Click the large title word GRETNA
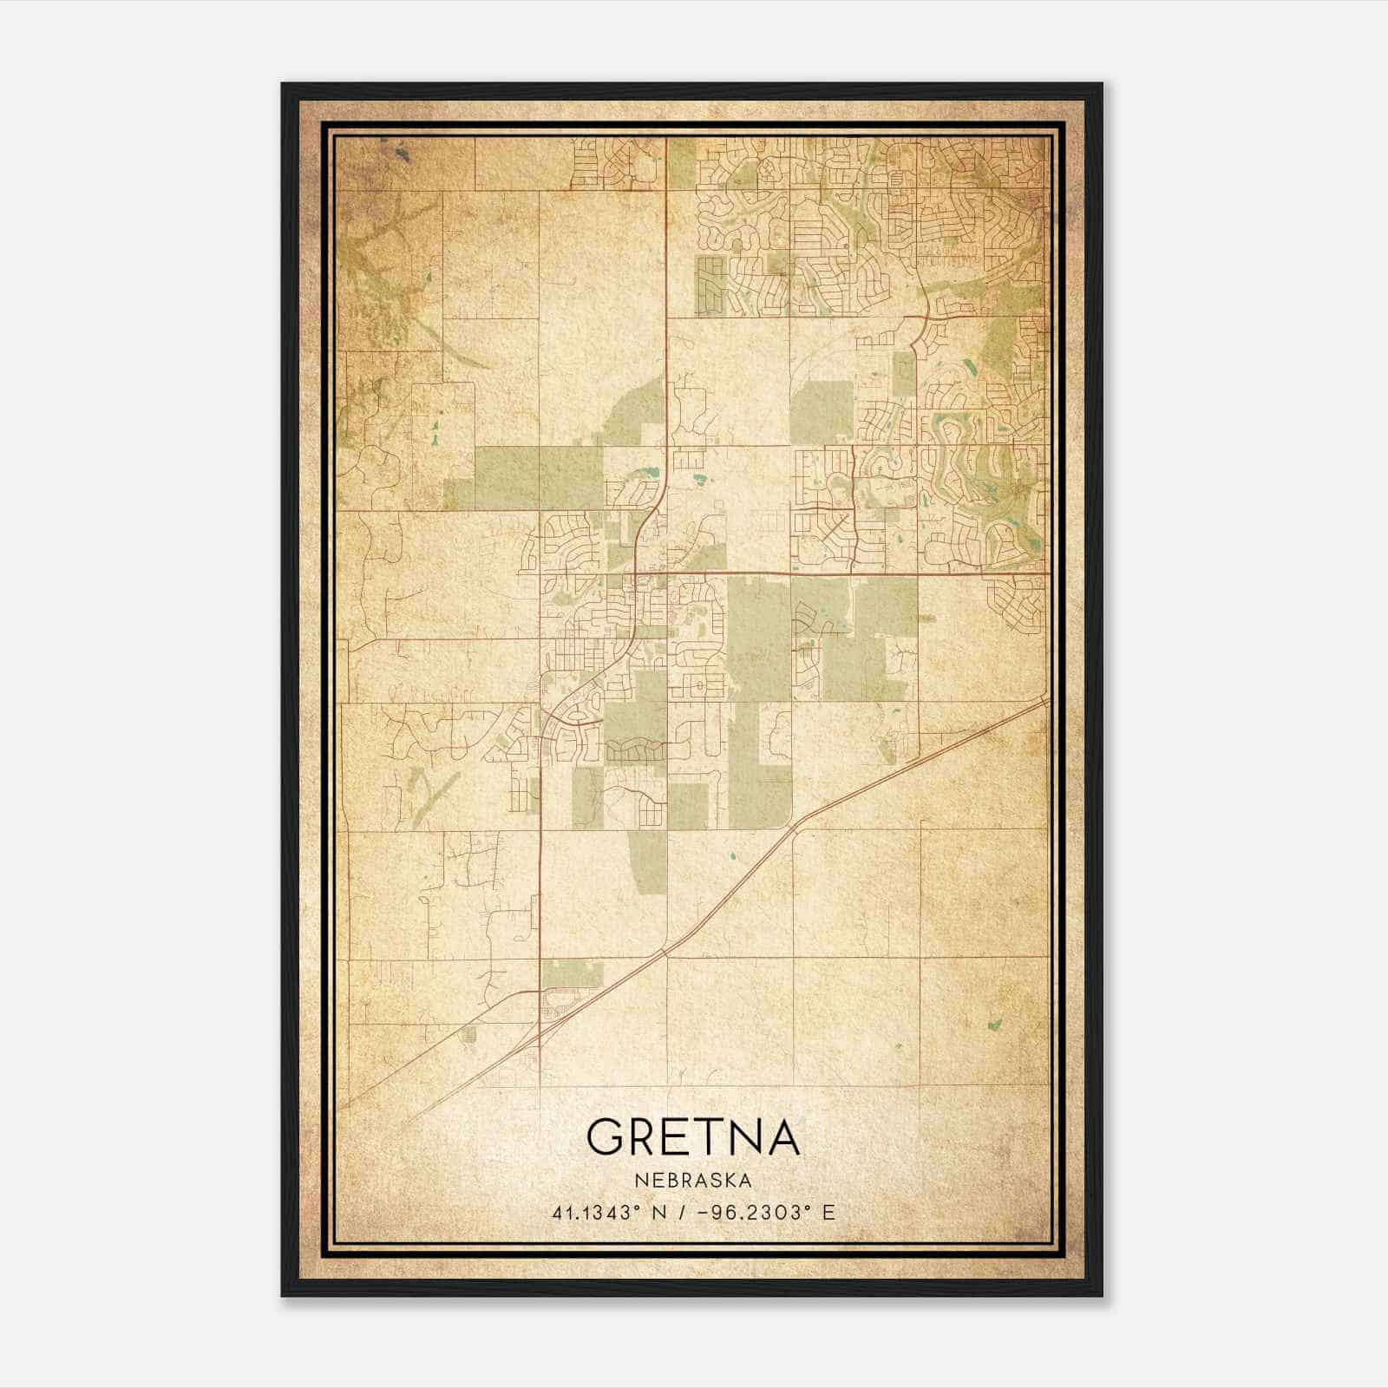pyautogui.click(x=693, y=1137)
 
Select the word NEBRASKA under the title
pyautogui.click(x=693, y=1181)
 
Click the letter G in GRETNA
pyautogui.click(x=605, y=1137)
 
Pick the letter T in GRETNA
pyautogui.click(x=701, y=1137)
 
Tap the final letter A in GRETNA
pyautogui.click(x=781, y=1137)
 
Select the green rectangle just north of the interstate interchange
pyautogui.click(x=571, y=973)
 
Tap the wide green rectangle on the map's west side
pyautogui.click(x=538, y=477)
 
